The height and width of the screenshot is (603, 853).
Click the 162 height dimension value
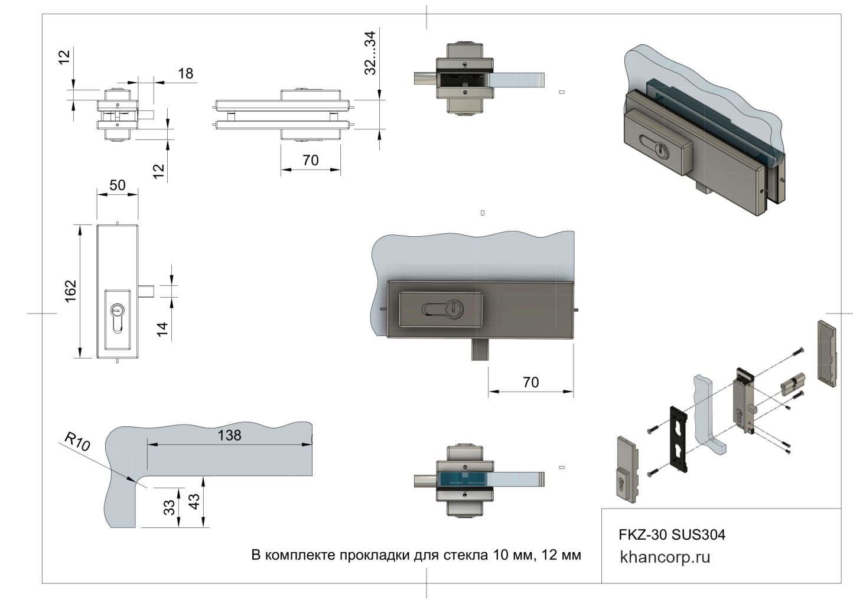(x=70, y=291)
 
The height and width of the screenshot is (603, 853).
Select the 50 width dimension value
(x=118, y=185)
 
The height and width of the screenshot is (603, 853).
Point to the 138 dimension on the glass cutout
(x=230, y=435)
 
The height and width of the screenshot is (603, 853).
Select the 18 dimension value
(x=185, y=73)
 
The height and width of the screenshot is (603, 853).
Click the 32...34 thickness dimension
(x=370, y=53)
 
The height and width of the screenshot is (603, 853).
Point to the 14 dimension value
(x=162, y=327)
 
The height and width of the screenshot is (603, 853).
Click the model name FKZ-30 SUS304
(x=672, y=535)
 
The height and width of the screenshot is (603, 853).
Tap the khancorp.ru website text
(x=665, y=557)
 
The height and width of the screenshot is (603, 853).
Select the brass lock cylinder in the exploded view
(x=793, y=385)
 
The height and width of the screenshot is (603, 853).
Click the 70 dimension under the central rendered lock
(x=530, y=382)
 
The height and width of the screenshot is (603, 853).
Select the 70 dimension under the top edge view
(x=310, y=160)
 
